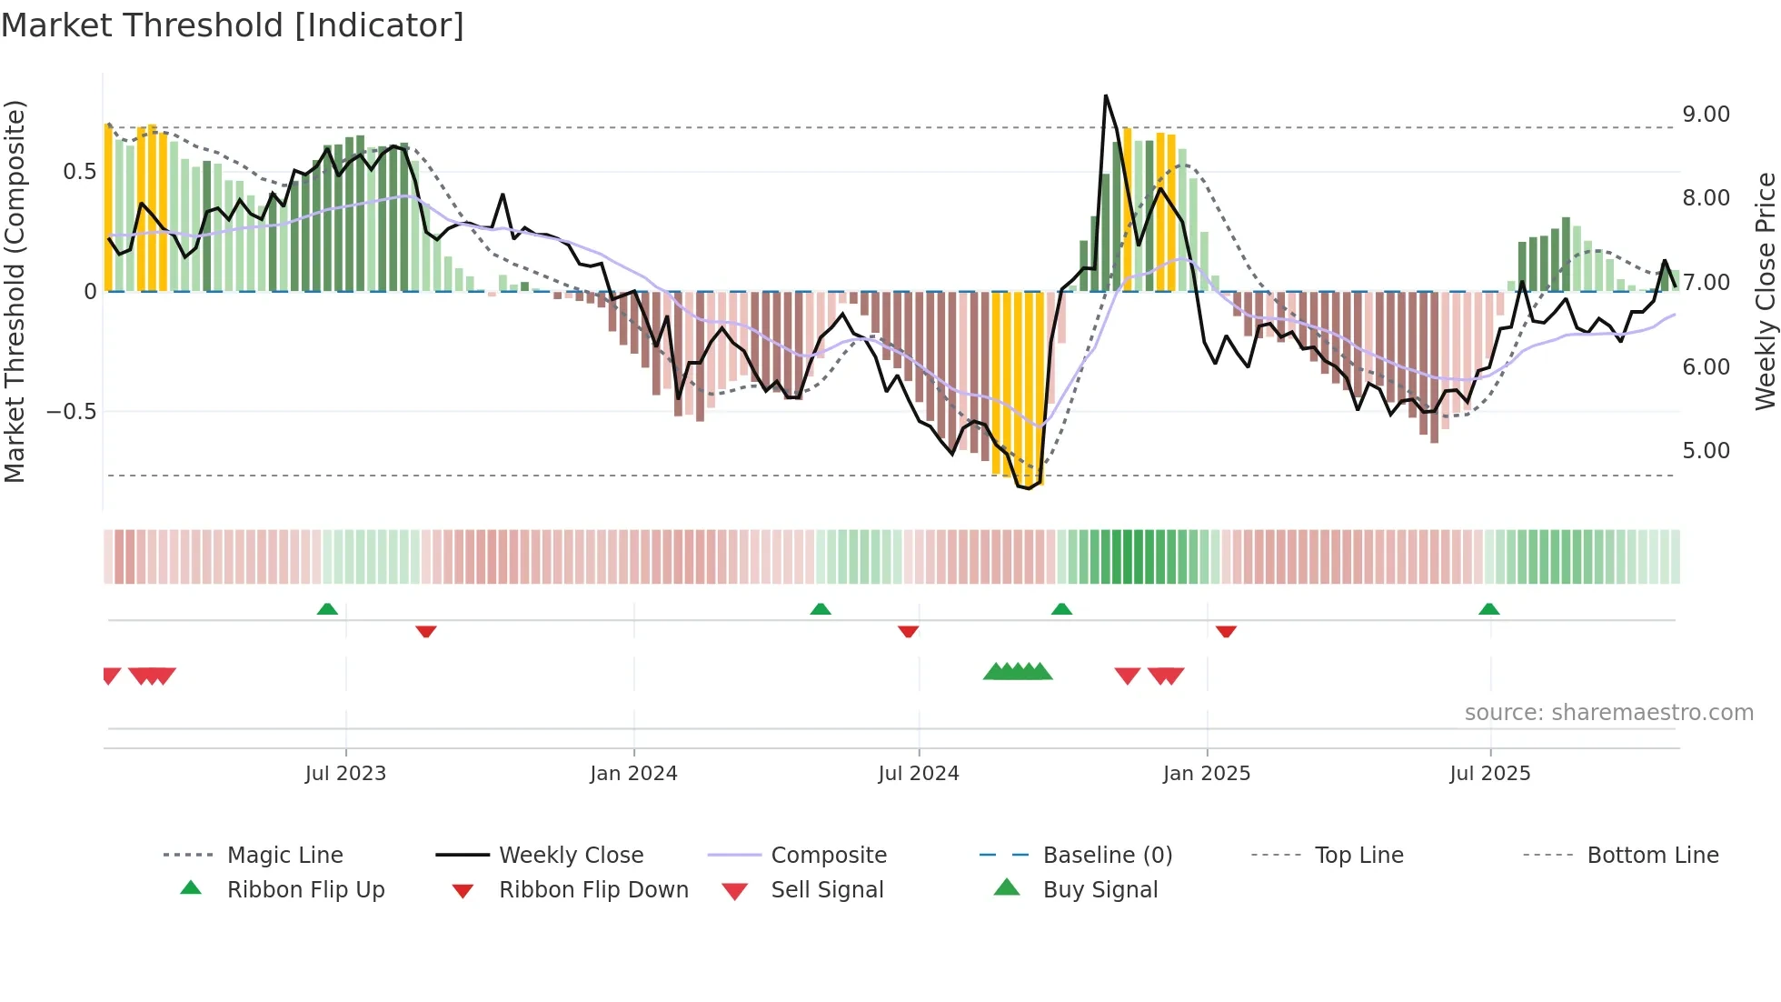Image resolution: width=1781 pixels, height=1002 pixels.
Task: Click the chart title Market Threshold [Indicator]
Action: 233,25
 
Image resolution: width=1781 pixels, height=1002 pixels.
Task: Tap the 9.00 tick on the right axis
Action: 1706,115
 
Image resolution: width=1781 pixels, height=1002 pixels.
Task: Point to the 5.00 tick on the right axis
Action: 1706,451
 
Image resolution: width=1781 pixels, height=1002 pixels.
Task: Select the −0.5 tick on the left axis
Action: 71,412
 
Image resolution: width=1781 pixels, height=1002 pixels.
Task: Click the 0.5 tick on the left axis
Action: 79,172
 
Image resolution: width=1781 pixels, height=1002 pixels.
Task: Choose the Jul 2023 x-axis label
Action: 345,774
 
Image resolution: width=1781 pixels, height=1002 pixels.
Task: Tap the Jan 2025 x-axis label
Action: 1206,774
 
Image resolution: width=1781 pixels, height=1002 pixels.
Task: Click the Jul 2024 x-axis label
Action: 918,774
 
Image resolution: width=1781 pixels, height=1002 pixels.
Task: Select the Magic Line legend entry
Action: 284,856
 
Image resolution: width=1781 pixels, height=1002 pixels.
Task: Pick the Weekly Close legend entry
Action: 571,856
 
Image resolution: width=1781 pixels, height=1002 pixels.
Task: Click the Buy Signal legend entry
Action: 1099,890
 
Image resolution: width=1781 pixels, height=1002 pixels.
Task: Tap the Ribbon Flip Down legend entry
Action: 593,890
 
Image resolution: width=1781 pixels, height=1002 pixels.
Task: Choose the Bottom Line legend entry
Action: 1652,856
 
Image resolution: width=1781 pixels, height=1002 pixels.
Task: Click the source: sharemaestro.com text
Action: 1608,713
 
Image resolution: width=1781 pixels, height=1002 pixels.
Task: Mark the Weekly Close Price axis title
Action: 1765,291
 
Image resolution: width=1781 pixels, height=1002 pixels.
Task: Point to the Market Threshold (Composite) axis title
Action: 15,291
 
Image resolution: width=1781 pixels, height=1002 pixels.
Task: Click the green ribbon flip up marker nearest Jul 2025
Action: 1488,609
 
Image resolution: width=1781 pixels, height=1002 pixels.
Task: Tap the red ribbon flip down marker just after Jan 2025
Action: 1226,631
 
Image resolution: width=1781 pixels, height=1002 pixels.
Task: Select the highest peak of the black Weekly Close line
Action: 1106,95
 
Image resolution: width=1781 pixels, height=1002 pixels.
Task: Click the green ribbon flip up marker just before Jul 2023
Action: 327,609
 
